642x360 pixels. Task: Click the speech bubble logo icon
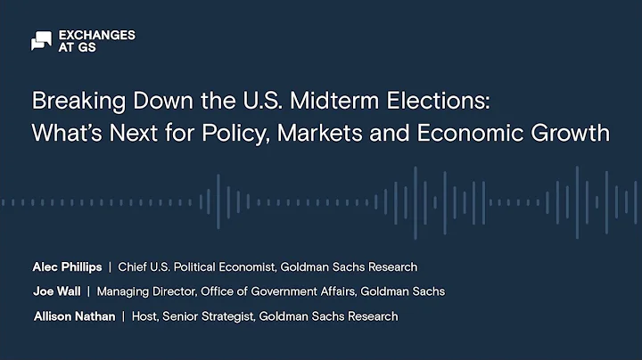(x=41, y=41)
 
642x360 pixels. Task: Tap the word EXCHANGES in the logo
(x=96, y=35)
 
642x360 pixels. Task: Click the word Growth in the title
(x=567, y=135)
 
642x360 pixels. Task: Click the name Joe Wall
(x=55, y=291)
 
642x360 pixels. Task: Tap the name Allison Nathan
(x=73, y=316)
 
